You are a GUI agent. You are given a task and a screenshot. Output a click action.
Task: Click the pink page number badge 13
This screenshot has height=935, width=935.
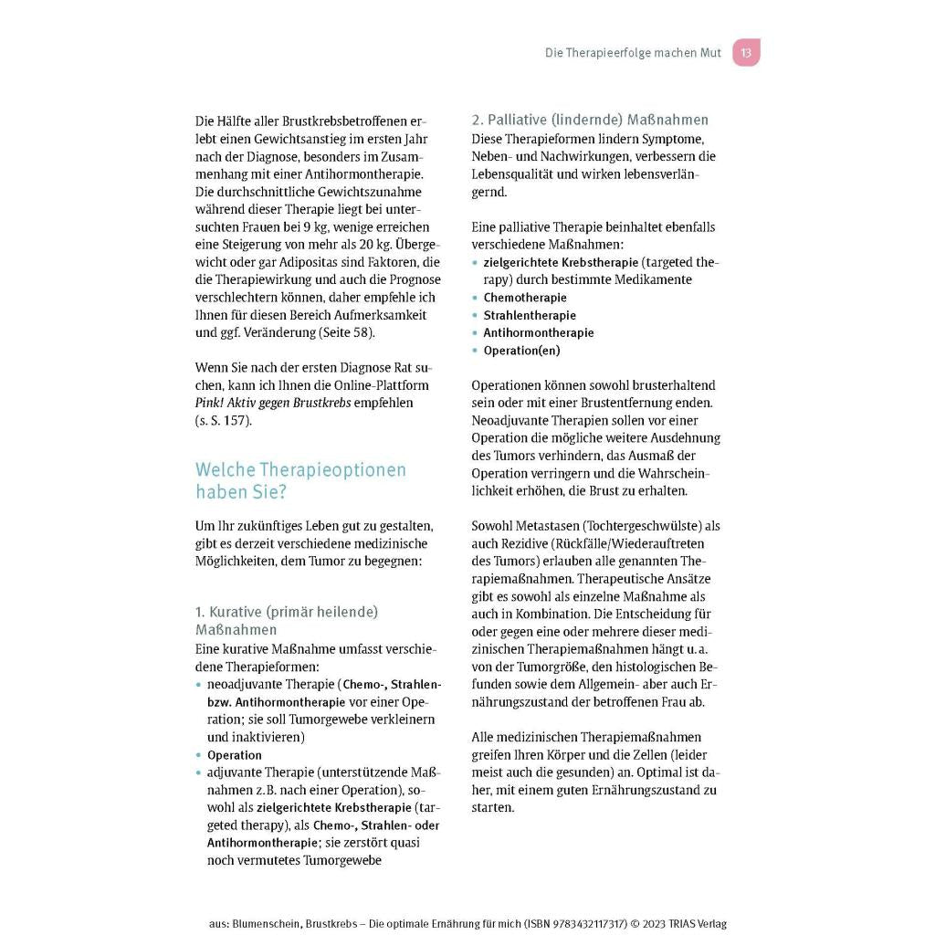coord(746,53)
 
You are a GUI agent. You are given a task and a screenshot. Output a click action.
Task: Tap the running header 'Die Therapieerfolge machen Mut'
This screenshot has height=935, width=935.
coord(633,53)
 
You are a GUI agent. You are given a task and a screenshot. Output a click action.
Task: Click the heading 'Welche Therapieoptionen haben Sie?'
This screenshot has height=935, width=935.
coord(300,480)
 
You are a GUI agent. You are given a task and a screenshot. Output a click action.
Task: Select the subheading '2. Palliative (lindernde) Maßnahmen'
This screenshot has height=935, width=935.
coord(590,120)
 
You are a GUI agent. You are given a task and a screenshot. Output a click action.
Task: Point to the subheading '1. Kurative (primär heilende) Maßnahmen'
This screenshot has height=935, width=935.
coord(287,620)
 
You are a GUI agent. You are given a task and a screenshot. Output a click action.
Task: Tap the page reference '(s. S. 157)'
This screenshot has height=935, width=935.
coord(223,421)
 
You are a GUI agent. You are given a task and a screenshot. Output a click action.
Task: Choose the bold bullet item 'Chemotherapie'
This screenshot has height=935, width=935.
coord(525,298)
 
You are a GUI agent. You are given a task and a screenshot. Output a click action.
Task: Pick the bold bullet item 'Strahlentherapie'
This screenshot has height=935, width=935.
coord(530,315)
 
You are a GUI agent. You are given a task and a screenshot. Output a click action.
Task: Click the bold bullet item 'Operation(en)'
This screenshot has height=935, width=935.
coord(521,351)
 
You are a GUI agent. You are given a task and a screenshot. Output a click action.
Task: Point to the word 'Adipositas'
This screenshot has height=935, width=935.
coord(294,262)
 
